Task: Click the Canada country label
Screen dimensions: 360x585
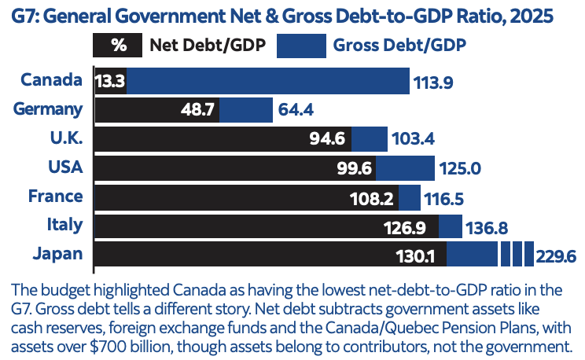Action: click(x=51, y=80)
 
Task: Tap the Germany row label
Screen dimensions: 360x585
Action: click(x=48, y=109)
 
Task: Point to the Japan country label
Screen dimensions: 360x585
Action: click(x=57, y=254)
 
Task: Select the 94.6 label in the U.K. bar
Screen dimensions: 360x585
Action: click(x=329, y=139)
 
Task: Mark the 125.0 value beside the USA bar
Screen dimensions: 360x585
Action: click(x=460, y=168)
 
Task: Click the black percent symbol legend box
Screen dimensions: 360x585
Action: click(x=118, y=45)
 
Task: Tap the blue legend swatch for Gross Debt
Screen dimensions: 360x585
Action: click(x=300, y=45)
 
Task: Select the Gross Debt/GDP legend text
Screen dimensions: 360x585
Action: click(x=400, y=45)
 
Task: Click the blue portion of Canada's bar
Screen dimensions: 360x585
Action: click(x=267, y=81)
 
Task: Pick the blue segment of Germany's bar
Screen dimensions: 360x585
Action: click(x=246, y=110)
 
